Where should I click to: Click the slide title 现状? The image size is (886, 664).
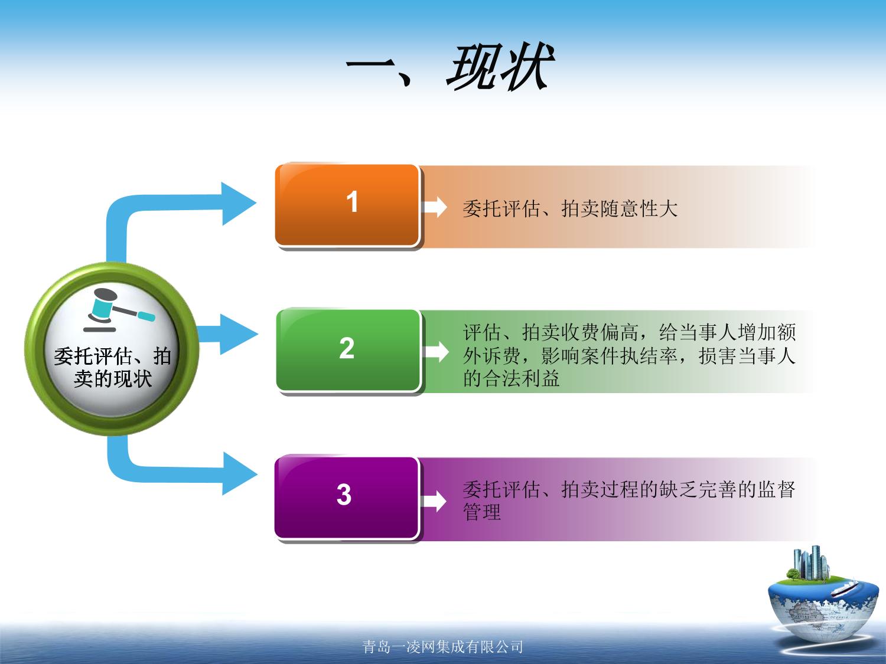click(x=500, y=67)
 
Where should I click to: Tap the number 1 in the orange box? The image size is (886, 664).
click(x=352, y=202)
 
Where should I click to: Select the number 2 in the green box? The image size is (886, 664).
click(x=347, y=348)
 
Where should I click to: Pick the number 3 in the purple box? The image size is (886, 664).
click(x=344, y=494)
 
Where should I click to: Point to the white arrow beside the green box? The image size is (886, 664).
click(x=435, y=352)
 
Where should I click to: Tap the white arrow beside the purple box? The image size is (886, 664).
click(x=434, y=501)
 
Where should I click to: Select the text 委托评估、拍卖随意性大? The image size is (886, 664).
click(x=570, y=209)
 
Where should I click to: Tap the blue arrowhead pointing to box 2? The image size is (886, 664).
click(x=238, y=334)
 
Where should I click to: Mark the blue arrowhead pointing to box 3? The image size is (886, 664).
click(x=240, y=474)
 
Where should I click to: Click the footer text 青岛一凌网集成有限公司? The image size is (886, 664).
click(x=443, y=647)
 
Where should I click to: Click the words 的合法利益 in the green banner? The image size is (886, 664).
click(x=512, y=378)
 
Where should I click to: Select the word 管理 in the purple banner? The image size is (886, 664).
click(x=482, y=512)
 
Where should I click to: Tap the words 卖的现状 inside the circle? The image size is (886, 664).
click(x=113, y=379)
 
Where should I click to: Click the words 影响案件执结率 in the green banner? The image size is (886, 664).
click(x=609, y=356)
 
